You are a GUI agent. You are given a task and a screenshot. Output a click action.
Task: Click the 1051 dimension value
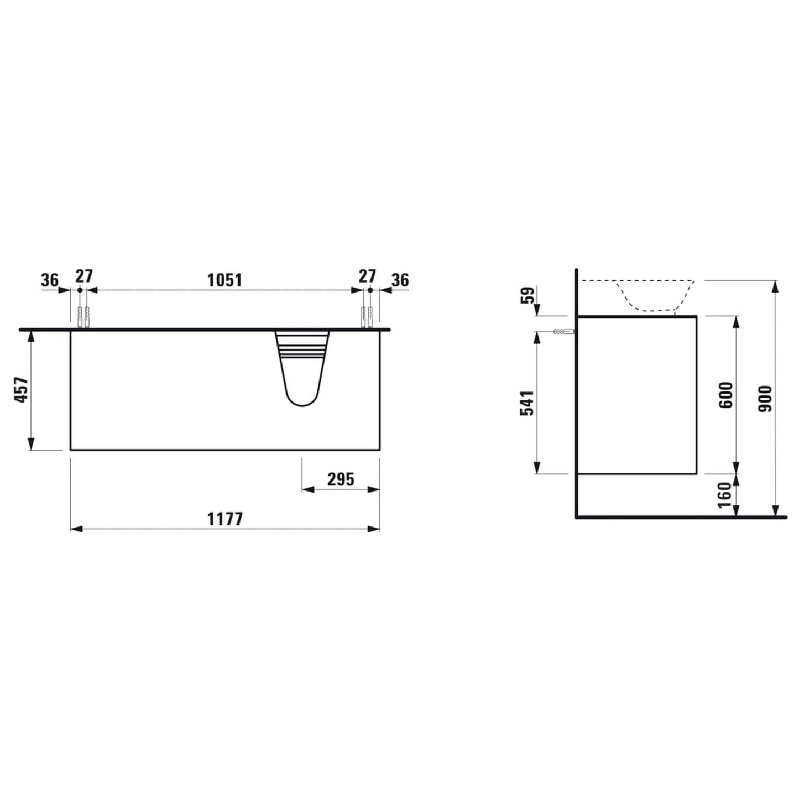(224, 280)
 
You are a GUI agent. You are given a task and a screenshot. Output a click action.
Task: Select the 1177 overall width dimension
(225, 519)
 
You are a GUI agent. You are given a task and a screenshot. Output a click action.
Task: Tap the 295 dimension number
(341, 479)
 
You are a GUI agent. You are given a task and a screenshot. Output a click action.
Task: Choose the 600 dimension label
(726, 395)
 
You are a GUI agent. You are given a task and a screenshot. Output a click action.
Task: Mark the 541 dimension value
(527, 403)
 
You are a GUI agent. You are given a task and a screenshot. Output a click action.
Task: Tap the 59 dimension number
(529, 295)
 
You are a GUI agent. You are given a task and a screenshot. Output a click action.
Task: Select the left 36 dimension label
(50, 280)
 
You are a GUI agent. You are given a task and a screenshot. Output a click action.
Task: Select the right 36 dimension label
(400, 280)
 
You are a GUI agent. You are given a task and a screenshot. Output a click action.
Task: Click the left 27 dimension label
(84, 276)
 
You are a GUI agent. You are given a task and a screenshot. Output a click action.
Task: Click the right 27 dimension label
(367, 276)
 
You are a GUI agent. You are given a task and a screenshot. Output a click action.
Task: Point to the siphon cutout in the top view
(302, 368)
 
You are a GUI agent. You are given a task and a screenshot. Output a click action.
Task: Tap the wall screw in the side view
(563, 332)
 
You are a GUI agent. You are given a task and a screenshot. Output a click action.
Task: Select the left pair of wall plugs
(83, 317)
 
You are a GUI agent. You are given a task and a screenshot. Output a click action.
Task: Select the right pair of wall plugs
(367, 317)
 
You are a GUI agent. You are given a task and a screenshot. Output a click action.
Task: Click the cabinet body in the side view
(636, 395)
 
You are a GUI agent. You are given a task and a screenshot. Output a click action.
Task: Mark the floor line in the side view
(680, 518)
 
